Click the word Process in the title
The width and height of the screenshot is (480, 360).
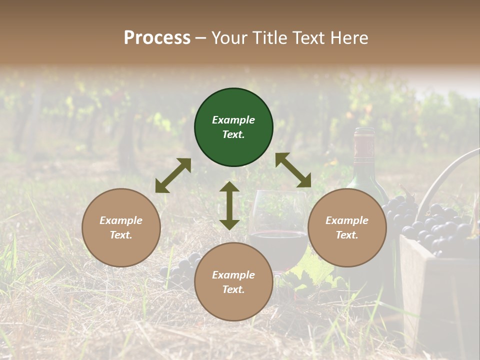pos(157,38)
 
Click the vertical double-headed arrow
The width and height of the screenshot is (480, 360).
pos(229,205)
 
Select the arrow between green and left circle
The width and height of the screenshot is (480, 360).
pos(173,175)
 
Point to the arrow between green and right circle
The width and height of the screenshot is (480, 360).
pos(293,170)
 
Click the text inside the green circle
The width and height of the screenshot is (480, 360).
pos(233,127)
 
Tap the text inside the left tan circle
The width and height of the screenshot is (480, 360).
pos(121,227)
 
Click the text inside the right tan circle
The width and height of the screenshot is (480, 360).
pos(347,227)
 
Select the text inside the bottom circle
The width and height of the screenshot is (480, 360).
pos(233,282)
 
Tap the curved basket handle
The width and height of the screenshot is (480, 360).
pos(445,175)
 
